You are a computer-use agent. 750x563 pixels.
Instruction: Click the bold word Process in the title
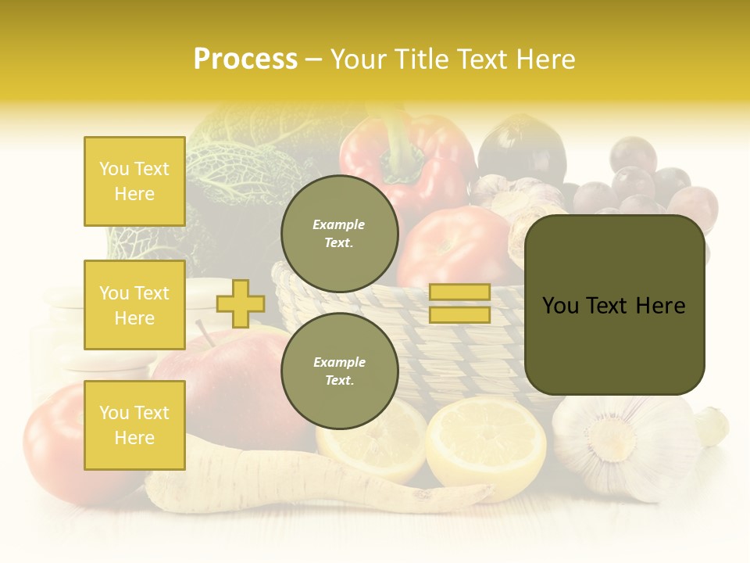[x=245, y=59]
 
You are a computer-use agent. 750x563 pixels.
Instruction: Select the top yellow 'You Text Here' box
[x=134, y=181]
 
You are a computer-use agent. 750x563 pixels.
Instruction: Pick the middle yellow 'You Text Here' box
[x=134, y=305]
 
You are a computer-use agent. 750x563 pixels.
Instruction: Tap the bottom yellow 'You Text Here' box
[x=134, y=425]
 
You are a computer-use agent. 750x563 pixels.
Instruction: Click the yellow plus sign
[x=240, y=303]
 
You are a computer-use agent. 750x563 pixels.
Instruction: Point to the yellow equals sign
[x=459, y=303]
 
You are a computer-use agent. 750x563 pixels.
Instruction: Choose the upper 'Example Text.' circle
[x=339, y=233]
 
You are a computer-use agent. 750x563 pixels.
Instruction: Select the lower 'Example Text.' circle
[x=339, y=371]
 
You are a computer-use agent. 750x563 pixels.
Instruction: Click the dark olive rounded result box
[x=614, y=305]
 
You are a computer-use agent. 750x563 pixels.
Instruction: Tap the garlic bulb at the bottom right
[x=617, y=446]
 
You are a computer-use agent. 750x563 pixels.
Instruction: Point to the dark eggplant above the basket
[x=522, y=149]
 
